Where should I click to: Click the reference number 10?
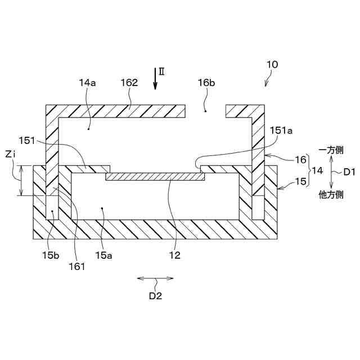[272, 65]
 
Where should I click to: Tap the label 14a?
[87, 83]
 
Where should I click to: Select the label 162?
[129, 83]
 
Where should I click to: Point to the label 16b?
[206, 83]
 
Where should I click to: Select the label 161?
[76, 266]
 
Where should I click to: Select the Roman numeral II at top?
[161, 71]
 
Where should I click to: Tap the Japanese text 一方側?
[332, 150]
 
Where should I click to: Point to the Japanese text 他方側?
[332, 195]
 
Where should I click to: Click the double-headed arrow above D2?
[155, 278]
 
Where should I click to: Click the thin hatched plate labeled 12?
[155, 177]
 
